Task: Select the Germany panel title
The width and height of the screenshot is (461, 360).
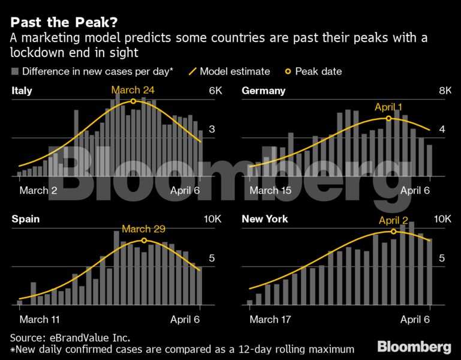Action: pos(263,91)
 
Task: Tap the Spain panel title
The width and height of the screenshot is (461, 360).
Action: pos(26,219)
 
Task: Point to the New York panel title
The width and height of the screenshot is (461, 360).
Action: pos(264,219)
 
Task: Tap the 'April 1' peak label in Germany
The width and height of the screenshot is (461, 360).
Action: pos(388,107)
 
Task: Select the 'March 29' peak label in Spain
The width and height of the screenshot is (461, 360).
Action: pos(143,229)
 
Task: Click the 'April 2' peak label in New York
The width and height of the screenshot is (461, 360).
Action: pos(393,221)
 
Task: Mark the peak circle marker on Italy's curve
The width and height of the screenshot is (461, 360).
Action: pos(133,101)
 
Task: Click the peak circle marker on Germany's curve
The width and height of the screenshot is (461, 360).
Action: pos(388,118)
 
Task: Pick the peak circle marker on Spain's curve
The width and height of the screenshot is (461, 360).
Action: pos(144,241)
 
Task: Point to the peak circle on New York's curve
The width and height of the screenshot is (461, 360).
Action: pos(393,231)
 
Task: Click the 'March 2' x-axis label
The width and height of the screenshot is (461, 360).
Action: pos(38,191)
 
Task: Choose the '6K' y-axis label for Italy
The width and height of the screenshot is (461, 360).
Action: pos(215,91)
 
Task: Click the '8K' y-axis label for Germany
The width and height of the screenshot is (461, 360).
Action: pos(445,91)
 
